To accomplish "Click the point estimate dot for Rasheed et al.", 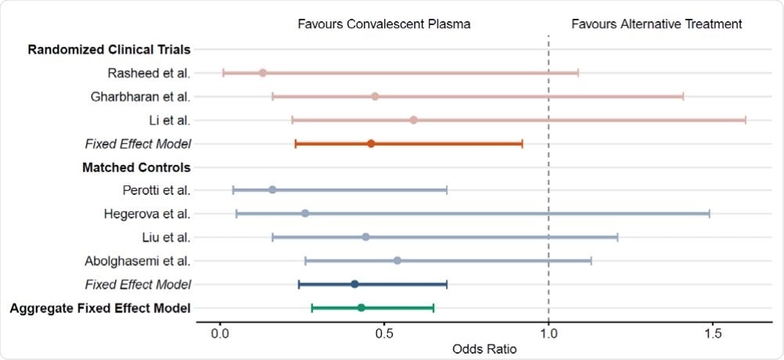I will click(x=263, y=73).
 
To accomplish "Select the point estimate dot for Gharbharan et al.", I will click(x=375, y=96).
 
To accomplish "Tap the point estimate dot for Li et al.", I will click(x=413, y=120).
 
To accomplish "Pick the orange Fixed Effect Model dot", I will click(x=371, y=143).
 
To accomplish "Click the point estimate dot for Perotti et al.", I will click(x=272, y=190).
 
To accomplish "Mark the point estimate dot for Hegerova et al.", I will click(x=305, y=214).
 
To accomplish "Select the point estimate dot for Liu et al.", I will click(x=365, y=237).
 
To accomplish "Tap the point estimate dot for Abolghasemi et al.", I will click(x=397, y=261).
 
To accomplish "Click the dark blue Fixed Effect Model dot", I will click(x=354, y=284).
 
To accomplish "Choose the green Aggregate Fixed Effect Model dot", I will click(x=361, y=308).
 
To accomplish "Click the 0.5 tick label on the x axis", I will click(x=384, y=333).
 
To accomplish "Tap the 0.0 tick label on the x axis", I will click(x=220, y=333).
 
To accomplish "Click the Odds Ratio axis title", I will click(x=484, y=349).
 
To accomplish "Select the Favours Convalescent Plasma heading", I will click(x=384, y=23).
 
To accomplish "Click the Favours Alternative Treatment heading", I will click(x=656, y=23).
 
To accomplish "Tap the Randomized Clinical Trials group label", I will click(x=109, y=50).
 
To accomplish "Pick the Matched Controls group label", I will click(x=136, y=167).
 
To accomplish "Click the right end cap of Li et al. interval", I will click(x=746, y=120).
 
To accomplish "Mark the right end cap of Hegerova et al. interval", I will click(x=710, y=214).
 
